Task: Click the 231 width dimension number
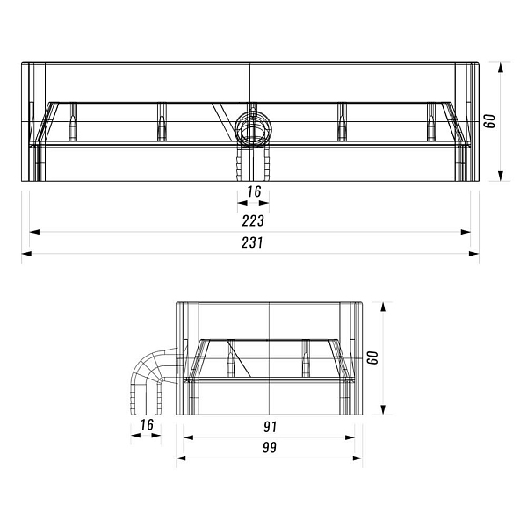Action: click(x=252, y=242)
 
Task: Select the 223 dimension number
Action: click(x=253, y=220)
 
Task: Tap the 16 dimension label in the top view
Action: click(x=254, y=191)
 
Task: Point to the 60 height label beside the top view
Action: click(x=490, y=121)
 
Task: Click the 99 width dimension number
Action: click(x=270, y=447)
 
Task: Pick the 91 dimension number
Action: click(x=270, y=427)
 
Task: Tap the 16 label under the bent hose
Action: click(x=147, y=424)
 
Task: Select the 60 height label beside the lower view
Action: click(x=372, y=357)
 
